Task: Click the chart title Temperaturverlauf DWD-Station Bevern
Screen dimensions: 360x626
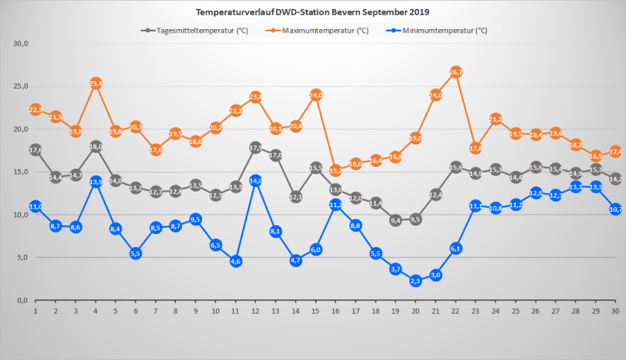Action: (312, 13)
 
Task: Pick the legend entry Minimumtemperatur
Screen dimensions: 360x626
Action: (443, 31)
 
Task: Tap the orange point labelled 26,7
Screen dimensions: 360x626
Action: (456, 72)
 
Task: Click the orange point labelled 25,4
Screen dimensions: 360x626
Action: (95, 83)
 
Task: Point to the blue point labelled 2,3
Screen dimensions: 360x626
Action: (416, 280)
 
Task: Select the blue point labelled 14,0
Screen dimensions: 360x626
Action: (256, 180)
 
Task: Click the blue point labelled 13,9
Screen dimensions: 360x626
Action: (95, 181)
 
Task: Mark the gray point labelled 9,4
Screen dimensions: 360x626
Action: (396, 220)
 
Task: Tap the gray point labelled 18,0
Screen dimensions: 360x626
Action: (95, 146)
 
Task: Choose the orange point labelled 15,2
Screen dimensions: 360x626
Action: (336, 170)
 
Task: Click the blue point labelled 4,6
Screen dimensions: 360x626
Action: (235, 261)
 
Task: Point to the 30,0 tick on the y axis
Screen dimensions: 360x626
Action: (20, 43)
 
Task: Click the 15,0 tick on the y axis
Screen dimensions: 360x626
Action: (20, 171)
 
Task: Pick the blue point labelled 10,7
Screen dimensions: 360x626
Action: (616, 209)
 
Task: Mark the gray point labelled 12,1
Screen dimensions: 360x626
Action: (296, 197)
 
